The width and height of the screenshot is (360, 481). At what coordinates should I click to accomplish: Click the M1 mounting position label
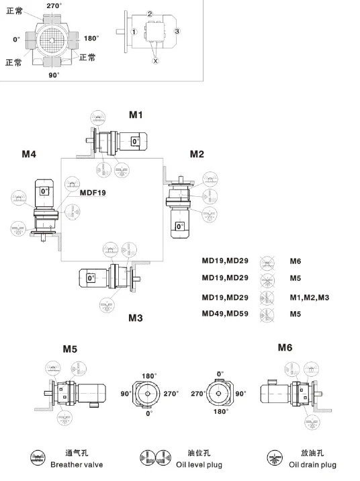click(136, 115)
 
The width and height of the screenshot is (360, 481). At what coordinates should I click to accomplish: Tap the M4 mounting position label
click(29, 154)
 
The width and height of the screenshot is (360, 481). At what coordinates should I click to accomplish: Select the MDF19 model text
click(93, 193)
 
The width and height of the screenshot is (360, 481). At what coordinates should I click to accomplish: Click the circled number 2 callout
click(150, 14)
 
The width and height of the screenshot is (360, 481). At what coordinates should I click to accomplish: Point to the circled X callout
click(155, 60)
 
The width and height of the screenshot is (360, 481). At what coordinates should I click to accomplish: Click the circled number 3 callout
click(177, 31)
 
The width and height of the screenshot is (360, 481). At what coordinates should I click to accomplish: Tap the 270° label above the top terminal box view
click(54, 5)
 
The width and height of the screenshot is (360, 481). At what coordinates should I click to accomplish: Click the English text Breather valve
click(77, 465)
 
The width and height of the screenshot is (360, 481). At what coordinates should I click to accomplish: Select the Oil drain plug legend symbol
click(275, 458)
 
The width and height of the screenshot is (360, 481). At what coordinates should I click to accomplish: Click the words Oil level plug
click(199, 465)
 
